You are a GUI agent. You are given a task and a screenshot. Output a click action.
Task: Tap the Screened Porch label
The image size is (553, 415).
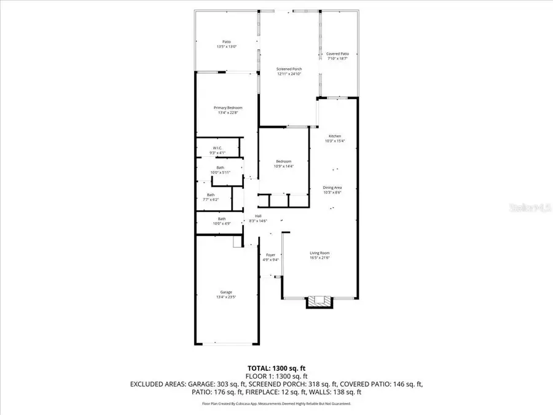click(289, 69)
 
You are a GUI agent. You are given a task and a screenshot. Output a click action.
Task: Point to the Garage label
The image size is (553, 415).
click(227, 292)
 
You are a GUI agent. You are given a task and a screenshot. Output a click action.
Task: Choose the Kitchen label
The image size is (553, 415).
click(335, 136)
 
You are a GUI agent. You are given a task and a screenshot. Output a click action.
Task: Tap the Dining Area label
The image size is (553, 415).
click(332, 188)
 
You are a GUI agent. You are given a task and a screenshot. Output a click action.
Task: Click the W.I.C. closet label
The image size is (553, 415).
click(218, 148)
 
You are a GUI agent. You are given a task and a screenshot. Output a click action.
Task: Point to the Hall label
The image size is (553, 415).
click(259, 216)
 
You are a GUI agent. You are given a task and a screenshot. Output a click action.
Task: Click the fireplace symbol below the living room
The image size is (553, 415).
click(320, 301)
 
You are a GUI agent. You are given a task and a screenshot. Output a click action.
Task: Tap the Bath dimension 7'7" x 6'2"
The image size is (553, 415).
click(211, 200)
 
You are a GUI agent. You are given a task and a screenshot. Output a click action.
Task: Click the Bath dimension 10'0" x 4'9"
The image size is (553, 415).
click(221, 223)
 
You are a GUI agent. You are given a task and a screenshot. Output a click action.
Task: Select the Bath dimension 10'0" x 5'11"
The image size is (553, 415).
click(220, 173)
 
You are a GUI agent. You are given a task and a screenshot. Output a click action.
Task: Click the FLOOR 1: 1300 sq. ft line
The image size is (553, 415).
click(276, 376)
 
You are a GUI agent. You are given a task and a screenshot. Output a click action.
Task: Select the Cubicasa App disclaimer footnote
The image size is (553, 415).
click(276, 404)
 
